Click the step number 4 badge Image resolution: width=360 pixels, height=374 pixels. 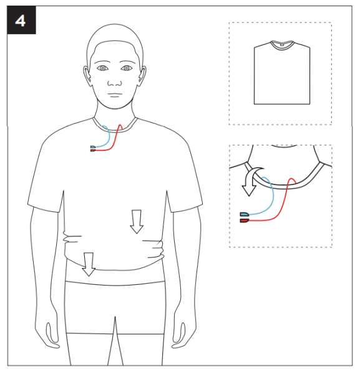click(21, 20)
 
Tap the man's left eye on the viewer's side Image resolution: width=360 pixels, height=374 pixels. click(103, 68)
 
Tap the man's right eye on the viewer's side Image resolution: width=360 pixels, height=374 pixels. click(127, 68)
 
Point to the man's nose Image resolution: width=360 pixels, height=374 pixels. click(115, 84)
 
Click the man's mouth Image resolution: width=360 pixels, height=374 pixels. click(115, 95)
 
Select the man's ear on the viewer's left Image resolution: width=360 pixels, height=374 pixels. click(87, 76)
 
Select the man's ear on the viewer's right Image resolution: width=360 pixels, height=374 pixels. click(142, 76)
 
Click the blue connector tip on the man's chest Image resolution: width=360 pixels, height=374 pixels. click(93, 147)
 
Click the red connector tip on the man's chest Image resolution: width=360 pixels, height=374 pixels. click(93, 150)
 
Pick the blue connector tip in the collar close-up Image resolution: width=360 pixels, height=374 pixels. click(245, 214)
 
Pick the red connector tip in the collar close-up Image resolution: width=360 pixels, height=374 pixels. click(245, 221)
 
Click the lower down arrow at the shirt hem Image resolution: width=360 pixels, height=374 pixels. click(89, 264)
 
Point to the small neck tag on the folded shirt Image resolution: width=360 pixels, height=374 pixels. click(281, 45)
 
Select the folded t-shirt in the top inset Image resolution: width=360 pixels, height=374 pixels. click(282, 72)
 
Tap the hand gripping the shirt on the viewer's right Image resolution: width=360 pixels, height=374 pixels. click(154, 249)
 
